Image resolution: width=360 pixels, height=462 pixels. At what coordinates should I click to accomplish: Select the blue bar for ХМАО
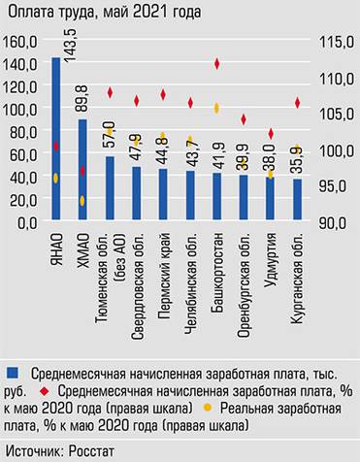pos(82,170)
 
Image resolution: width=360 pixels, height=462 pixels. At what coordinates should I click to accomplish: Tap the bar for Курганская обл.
pos(297,200)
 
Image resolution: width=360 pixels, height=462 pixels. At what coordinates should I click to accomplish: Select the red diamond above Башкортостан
pos(216,64)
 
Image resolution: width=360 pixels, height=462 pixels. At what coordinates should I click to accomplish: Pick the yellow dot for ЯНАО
pos(55,179)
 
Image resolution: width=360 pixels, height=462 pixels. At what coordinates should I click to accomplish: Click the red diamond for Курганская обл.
pos(297,103)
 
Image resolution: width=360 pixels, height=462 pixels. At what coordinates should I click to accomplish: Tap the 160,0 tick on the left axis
pos(20,42)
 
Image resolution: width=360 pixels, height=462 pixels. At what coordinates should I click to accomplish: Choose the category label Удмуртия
pos(271,260)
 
